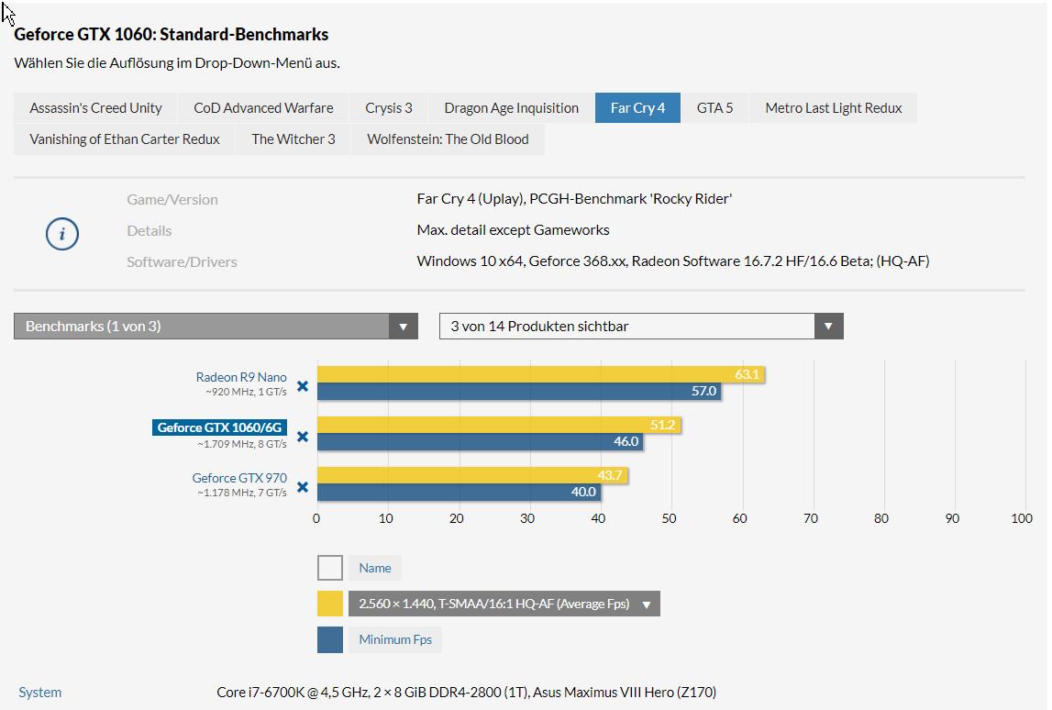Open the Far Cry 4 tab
tap(637, 108)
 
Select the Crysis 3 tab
tap(389, 108)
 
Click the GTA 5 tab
tap(714, 108)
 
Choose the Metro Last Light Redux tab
tap(833, 108)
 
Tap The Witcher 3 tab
tap(293, 139)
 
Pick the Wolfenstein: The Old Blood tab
tap(448, 139)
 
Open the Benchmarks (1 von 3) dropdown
tap(216, 327)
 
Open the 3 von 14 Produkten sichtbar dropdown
tap(641, 327)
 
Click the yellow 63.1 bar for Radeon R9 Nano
tap(541, 375)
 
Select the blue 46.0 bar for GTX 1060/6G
tap(479, 441)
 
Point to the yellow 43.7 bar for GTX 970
tap(472, 475)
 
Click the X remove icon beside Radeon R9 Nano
tap(302, 387)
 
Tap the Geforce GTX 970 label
tap(239, 478)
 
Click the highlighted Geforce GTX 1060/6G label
tap(220, 427)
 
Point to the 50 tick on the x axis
tap(670, 518)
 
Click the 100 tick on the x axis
tap(1022, 518)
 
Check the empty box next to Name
tap(330, 568)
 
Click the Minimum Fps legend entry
tap(395, 639)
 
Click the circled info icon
tap(62, 234)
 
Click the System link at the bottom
tap(40, 693)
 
